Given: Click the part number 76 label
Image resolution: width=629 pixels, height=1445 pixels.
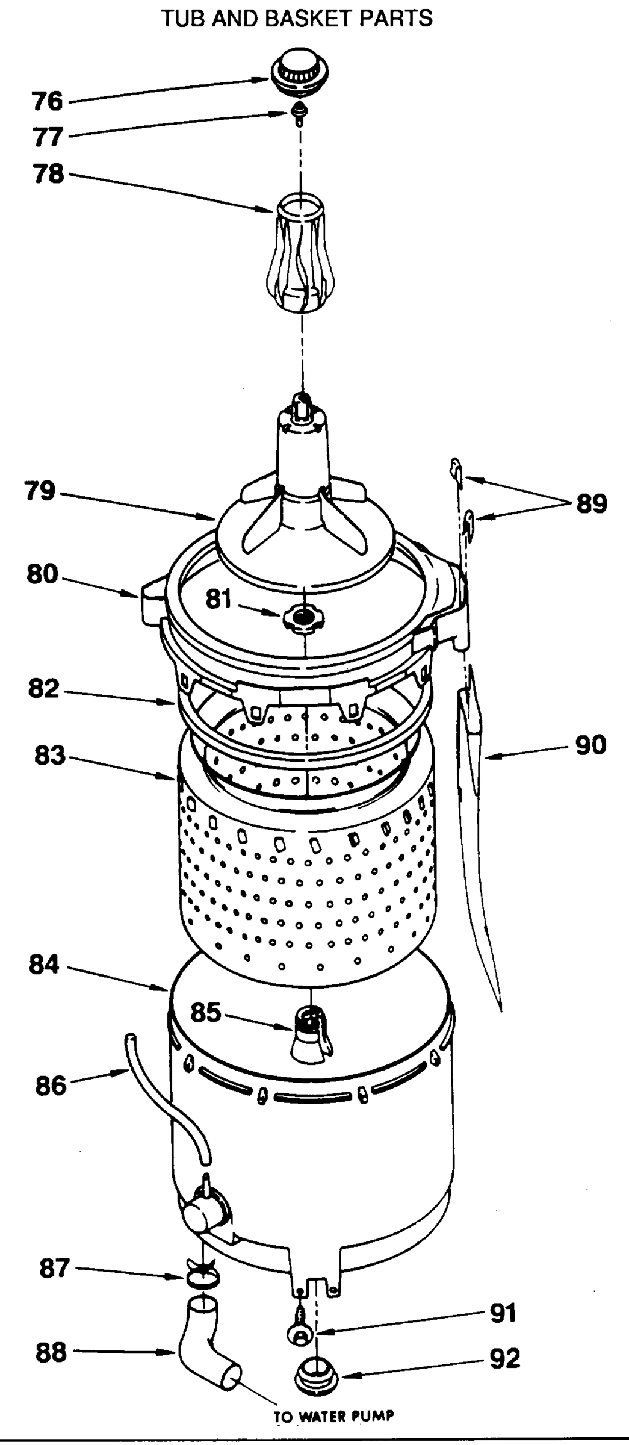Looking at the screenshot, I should click(x=47, y=101).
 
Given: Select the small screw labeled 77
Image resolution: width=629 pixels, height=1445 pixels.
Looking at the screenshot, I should click(x=297, y=113).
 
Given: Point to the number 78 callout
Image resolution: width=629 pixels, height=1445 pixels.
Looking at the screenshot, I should click(x=48, y=174).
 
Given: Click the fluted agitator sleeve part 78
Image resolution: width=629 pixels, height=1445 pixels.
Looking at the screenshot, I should click(x=300, y=253).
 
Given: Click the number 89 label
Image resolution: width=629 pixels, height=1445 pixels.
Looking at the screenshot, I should click(x=592, y=503).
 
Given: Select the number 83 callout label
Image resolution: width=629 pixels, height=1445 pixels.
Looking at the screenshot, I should click(x=49, y=756).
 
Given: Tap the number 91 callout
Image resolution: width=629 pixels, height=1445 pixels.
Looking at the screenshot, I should click(x=503, y=1313).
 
